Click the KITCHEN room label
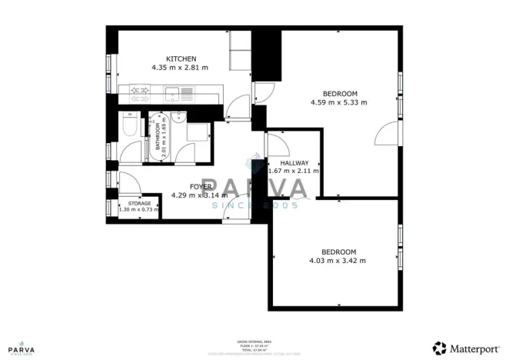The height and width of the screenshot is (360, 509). click(x=182, y=58)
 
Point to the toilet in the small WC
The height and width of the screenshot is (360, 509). click(x=129, y=125)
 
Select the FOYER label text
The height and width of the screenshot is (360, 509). click(x=181, y=186)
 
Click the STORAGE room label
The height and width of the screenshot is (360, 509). click(x=139, y=203)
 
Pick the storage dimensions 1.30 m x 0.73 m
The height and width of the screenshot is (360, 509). click(x=139, y=209)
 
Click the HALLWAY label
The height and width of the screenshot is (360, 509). click(x=294, y=163)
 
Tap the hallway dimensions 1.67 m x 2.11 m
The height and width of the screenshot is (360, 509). click(x=293, y=171)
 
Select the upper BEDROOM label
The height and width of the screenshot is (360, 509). click(x=338, y=93)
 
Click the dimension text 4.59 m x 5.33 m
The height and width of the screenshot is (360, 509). click(x=338, y=102)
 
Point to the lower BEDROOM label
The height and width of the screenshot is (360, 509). click(x=338, y=252)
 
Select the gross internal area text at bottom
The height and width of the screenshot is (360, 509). click(x=254, y=345)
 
